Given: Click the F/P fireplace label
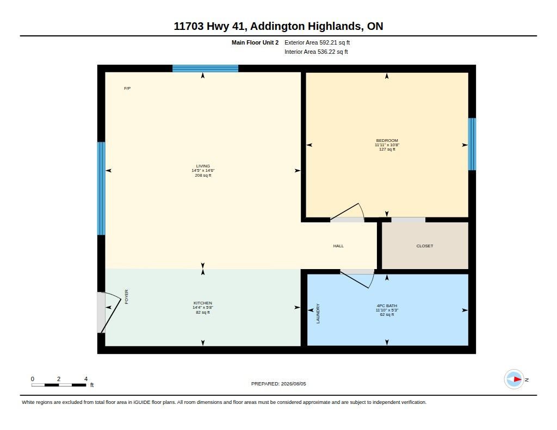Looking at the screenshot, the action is (x=127, y=89).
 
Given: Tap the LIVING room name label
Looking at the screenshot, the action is (x=203, y=166).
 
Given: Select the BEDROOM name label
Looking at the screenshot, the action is (x=387, y=140).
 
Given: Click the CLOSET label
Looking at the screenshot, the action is (x=424, y=246).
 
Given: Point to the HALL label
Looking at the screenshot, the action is (x=338, y=246).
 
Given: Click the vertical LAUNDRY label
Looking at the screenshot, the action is (x=318, y=314).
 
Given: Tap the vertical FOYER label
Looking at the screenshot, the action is (x=126, y=297).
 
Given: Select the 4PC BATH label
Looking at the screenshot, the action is (x=387, y=306).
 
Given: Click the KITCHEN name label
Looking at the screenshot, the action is (x=203, y=303).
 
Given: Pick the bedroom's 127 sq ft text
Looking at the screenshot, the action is (x=387, y=149).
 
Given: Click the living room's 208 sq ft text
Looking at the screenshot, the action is (x=203, y=175).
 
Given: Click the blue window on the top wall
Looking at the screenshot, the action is (x=205, y=68).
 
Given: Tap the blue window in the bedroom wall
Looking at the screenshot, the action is (x=472, y=144).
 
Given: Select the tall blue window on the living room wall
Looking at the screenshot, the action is (x=101, y=189).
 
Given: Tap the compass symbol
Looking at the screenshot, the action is (x=514, y=379).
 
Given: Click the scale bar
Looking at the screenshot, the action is (x=59, y=385).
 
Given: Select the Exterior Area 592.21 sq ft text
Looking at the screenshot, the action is (x=317, y=42).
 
